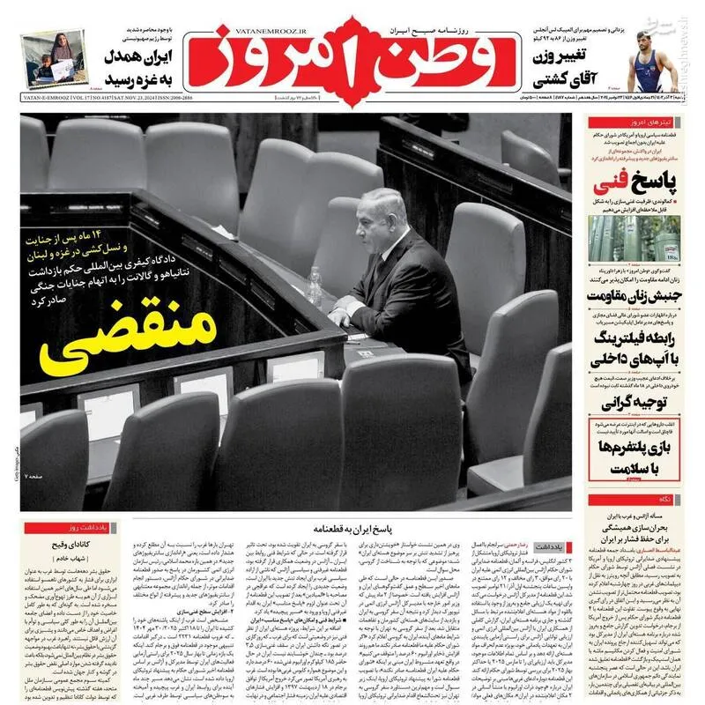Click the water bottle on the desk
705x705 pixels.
(315, 287)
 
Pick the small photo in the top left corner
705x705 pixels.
(56, 58)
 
